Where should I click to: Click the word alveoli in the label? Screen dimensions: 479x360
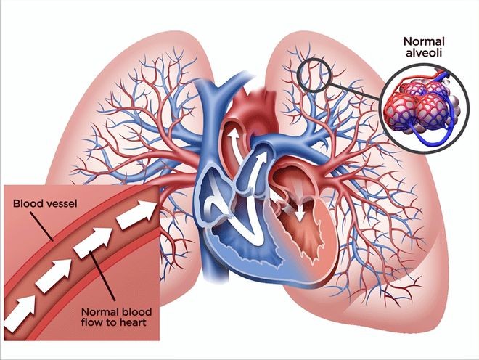click(424, 52)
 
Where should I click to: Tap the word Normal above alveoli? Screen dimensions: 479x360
click(424, 41)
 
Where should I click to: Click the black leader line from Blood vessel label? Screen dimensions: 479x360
click(42, 227)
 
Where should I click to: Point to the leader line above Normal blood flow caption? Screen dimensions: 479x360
click(102, 276)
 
